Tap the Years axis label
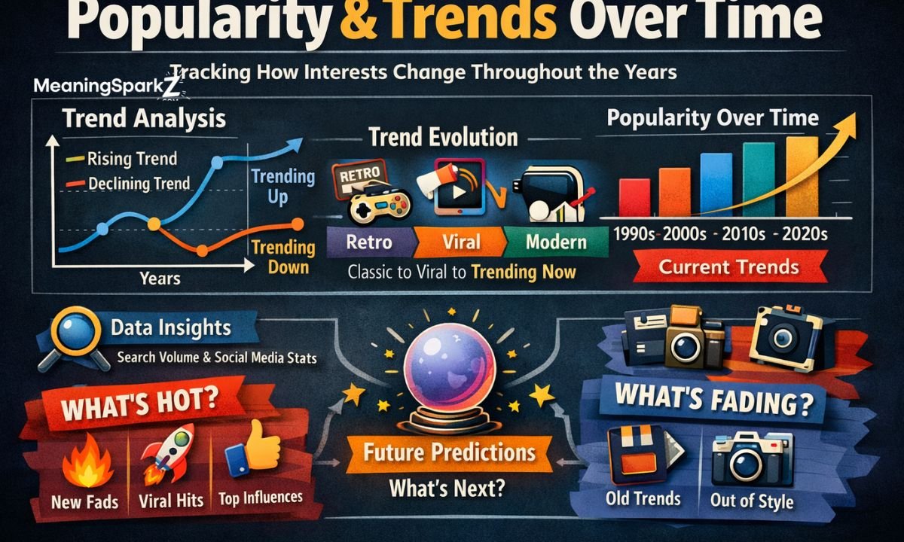pos(160,278)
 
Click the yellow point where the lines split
pos(154,224)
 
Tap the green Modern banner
pos(555,242)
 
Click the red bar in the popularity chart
pos(634,196)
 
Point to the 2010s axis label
pos(743,233)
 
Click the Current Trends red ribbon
pos(728,266)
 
